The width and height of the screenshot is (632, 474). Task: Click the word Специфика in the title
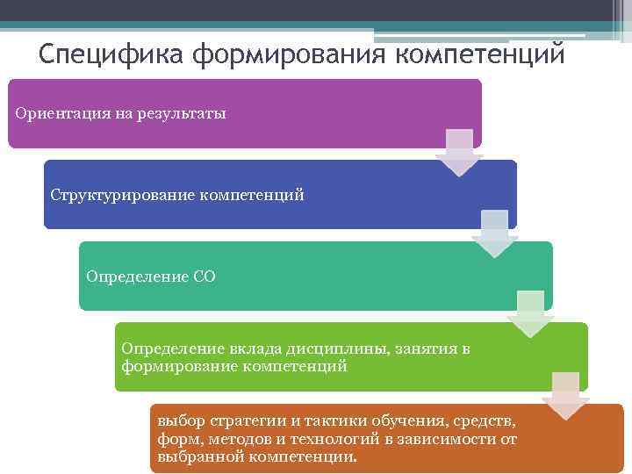click(111, 54)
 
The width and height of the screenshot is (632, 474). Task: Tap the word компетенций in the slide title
click(480, 54)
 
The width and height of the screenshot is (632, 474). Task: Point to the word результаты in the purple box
click(183, 113)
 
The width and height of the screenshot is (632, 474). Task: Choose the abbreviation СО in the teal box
click(204, 276)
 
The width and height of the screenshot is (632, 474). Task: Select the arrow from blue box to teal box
click(494, 233)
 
